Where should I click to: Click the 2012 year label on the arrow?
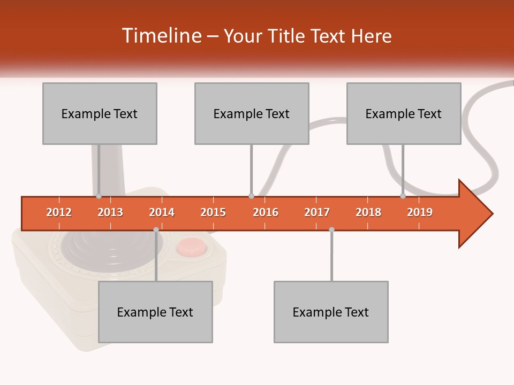(x=59, y=212)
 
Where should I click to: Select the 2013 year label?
(x=110, y=212)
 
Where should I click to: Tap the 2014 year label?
(x=162, y=212)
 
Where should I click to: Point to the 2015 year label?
(x=213, y=212)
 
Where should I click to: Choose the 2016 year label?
(x=266, y=212)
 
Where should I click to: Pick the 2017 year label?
(x=317, y=212)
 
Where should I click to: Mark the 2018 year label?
(x=368, y=212)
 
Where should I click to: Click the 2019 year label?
(x=420, y=212)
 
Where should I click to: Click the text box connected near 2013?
(x=100, y=113)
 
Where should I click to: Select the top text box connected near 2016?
(x=252, y=113)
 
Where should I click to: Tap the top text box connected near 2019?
(x=404, y=113)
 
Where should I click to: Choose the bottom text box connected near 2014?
(x=155, y=312)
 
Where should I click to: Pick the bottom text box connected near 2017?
(x=331, y=312)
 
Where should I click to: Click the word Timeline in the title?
(x=161, y=36)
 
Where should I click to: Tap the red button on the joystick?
(x=191, y=247)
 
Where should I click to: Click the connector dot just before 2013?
(x=99, y=196)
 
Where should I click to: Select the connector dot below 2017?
(x=331, y=229)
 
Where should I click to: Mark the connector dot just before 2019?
(x=403, y=196)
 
